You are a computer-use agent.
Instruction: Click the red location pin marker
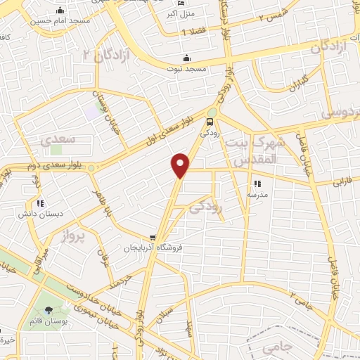[x=181, y=164]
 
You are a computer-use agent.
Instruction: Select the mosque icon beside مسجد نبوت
[x=186, y=58]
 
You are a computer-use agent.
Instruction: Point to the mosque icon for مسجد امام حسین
[x=59, y=11]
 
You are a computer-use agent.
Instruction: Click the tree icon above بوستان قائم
[x=48, y=310]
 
